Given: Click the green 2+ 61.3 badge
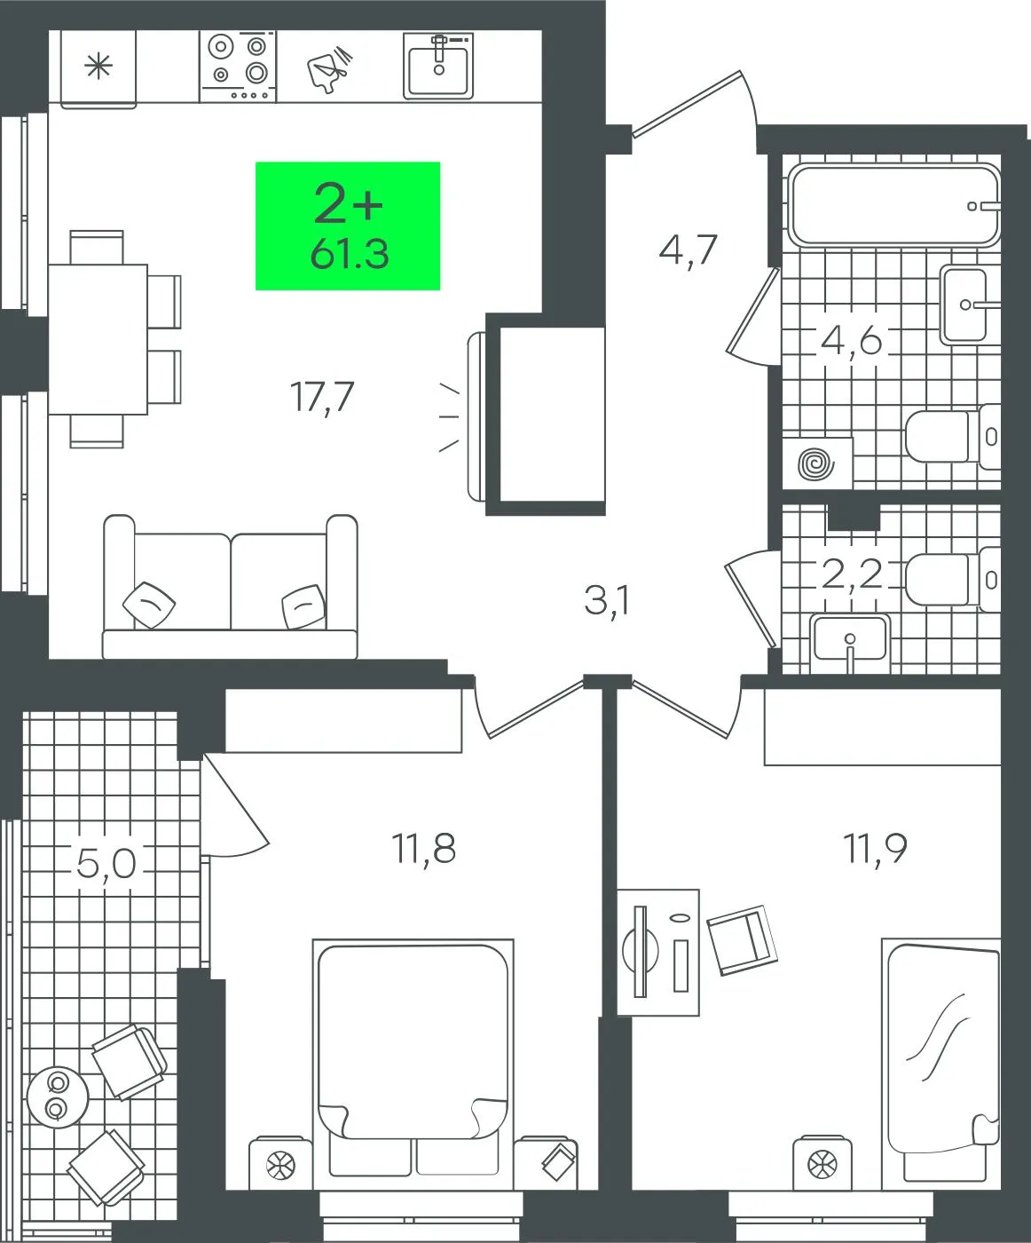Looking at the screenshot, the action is [348, 226].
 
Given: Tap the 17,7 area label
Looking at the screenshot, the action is [322, 397].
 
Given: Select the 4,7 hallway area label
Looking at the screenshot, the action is [688, 250].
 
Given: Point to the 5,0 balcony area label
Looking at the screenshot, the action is [106, 863].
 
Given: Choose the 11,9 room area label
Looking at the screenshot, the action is [875, 848].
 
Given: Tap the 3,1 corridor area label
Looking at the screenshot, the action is [606, 601].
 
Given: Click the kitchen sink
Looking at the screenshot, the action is [439, 66].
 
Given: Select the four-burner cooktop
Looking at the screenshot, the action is [238, 67].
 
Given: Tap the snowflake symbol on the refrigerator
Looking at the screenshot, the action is [98, 66].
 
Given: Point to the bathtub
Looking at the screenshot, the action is [894, 205].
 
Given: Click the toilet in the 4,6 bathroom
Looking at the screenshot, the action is [953, 436].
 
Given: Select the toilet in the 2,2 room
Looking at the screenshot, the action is [953, 579].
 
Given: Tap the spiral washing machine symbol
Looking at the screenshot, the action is [817, 462].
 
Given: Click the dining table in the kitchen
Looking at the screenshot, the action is [98, 339].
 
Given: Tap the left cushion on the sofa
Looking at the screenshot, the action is [149, 604].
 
